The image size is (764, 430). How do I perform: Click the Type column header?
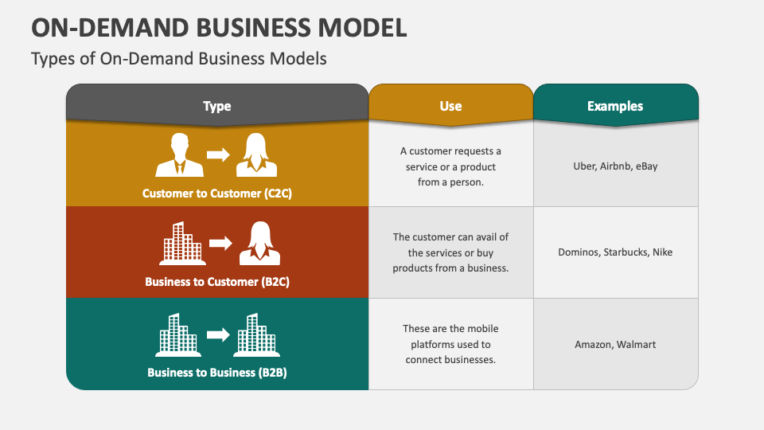coord(216,106)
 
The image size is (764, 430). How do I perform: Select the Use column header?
coord(450,106)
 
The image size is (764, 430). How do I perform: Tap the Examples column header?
coord(615,106)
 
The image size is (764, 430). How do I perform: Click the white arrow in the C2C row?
coord(217,154)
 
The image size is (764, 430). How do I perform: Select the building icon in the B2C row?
coord(182,243)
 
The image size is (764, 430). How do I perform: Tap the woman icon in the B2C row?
coord(259,243)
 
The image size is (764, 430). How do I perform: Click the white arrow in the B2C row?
coord(220,243)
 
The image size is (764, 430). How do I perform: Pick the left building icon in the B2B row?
coord(177,334)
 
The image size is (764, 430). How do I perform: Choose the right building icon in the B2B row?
coord(255,334)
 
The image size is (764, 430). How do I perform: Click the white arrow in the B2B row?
coord(217,334)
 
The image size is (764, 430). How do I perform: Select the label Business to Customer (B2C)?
coord(217,281)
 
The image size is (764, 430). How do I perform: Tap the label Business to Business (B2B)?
coord(217,372)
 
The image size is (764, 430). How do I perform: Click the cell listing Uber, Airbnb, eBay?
coord(615,166)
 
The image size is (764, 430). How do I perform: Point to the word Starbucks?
coord(625,252)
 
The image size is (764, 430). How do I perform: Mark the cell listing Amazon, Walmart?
coord(615,345)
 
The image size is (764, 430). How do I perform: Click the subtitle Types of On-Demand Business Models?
coord(179,59)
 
